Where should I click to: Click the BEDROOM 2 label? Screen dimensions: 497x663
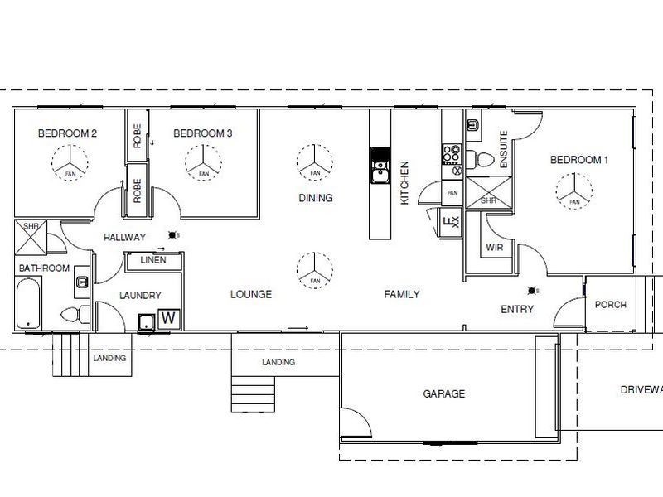(68, 133)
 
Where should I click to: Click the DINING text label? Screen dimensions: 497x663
(316, 198)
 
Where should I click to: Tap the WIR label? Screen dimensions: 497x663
(496, 247)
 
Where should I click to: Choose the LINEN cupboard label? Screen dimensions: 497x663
(152, 260)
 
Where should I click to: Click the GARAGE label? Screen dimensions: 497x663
(444, 394)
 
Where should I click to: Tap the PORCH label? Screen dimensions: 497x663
(611, 305)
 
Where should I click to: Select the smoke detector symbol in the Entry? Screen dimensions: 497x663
(532, 290)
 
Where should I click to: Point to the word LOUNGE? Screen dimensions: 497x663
(251, 294)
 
